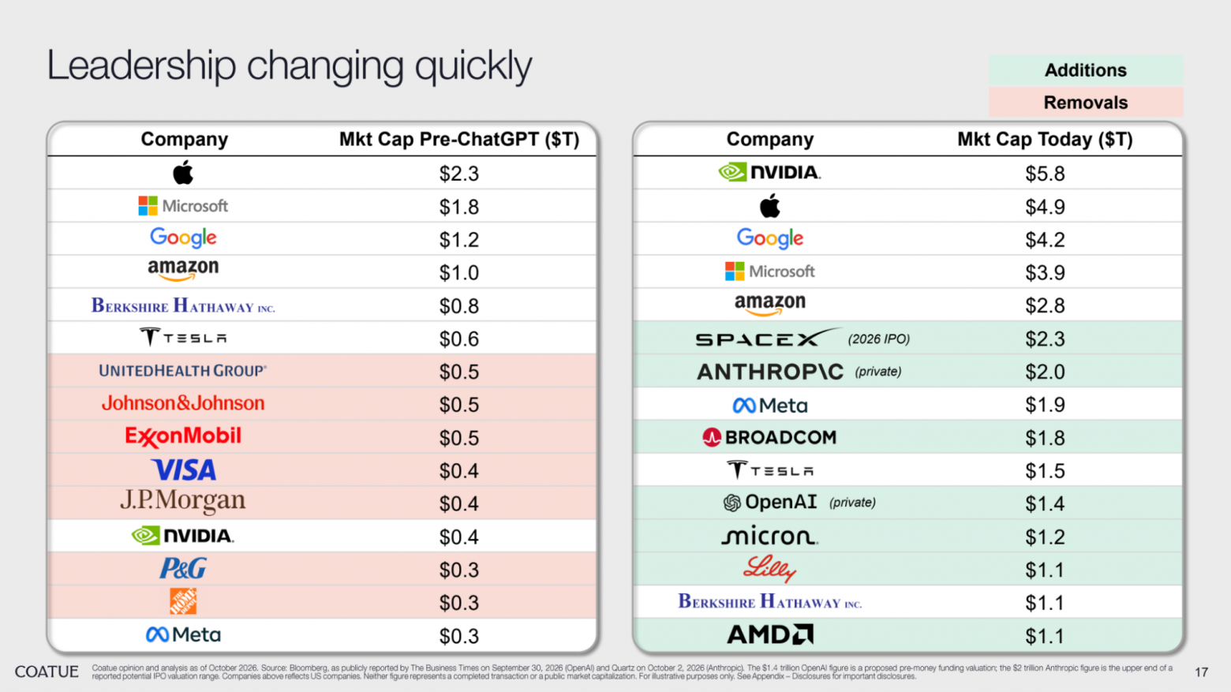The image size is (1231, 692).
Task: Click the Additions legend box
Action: [x=1085, y=70]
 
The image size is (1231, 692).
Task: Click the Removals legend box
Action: [x=1085, y=103]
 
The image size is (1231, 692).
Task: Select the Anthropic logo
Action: [x=770, y=372]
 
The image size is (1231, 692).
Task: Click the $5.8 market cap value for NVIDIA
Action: [x=1045, y=174]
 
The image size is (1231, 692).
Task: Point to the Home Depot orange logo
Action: [x=183, y=601]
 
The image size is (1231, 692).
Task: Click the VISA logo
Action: [x=184, y=470]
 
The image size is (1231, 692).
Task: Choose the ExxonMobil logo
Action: [x=183, y=437]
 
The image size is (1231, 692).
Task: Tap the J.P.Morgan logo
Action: [x=183, y=501]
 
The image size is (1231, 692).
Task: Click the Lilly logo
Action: [x=769, y=569]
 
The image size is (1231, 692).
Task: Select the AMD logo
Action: [x=770, y=634]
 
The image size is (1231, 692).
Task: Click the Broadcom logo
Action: [x=769, y=437]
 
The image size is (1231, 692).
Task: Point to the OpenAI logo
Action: [x=769, y=503]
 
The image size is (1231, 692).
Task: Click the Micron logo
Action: [x=769, y=536]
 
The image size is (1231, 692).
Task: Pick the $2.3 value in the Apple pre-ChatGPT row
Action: [x=459, y=174]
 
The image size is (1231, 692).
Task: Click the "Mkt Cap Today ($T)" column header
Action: [x=1045, y=140]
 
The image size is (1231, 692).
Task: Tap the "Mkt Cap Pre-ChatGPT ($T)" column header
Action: [x=459, y=140]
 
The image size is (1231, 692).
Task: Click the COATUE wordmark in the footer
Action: [x=47, y=671]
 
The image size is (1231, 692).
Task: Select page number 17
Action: [x=1201, y=672]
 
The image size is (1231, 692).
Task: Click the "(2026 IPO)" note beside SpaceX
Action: [x=878, y=339]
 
